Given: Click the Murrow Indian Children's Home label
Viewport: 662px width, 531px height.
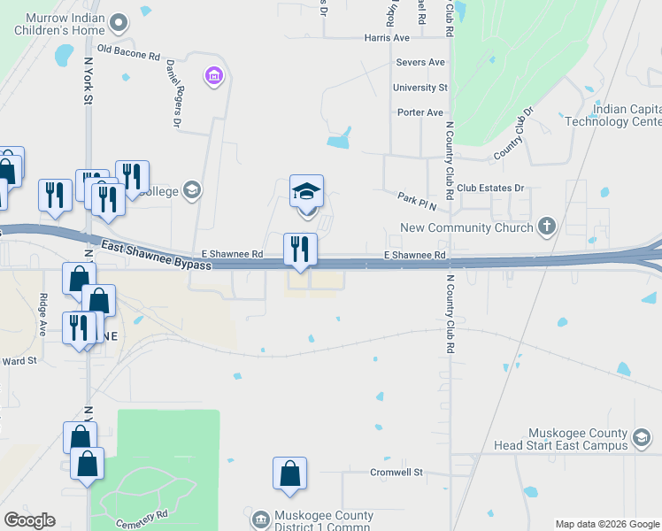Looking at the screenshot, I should pyautogui.click(x=73, y=25).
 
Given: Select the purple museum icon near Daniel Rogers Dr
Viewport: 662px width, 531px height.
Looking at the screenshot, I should pyautogui.click(x=212, y=77).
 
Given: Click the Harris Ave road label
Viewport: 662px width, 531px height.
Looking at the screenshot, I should pyautogui.click(x=387, y=38).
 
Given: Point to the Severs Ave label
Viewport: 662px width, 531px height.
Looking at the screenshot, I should pyautogui.click(x=420, y=63).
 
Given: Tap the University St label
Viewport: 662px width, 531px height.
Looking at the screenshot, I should pyautogui.click(x=420, y=88).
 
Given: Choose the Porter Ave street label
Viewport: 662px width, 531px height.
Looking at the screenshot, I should pyautogui.click(x=420, y=112).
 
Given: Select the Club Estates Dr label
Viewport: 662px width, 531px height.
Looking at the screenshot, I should pyautogui.click(x=490, y=189).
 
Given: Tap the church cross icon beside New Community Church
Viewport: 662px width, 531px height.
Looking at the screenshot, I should pyautogui.click(x=547, y=227).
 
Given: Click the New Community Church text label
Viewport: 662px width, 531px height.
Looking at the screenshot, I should pyautogui.click(x=466, y=227).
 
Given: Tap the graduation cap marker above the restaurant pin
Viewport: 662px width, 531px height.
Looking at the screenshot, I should pyautogui.click(x=306, y=191).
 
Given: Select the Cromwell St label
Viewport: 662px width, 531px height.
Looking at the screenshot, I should pyautogui.click(x=396, y=473).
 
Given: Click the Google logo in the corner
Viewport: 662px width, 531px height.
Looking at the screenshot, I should pyautogui.click(x=29, y=520).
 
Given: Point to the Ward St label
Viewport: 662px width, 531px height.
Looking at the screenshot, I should pyautogui.click(x=19, y=361).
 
